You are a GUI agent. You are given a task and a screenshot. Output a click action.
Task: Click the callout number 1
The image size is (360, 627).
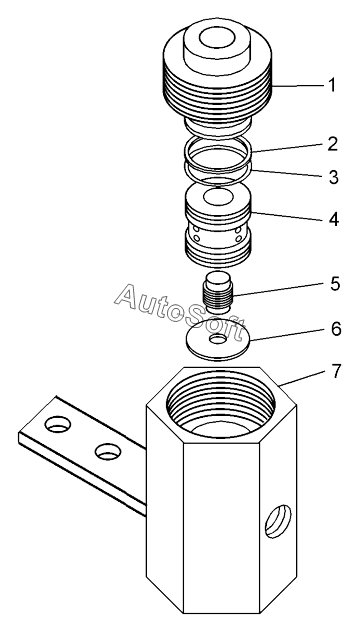(332, 85)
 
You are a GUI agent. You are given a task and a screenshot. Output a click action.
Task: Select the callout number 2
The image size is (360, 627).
(333, 144)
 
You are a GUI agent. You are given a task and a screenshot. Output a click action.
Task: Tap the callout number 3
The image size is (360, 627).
(334, 177)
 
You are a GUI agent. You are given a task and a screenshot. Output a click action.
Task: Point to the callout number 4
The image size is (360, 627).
(334, 219)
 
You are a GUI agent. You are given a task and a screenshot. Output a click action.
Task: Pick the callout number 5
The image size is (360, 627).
(335, 284)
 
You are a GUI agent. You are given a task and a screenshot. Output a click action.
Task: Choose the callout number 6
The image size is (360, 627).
(336, 329)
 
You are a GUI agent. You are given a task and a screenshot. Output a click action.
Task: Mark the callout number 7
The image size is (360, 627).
(336, 371)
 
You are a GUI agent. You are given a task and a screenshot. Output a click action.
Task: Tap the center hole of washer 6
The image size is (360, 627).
(218, 339)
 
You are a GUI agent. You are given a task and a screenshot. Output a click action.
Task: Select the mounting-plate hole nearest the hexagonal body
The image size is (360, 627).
(108, 451)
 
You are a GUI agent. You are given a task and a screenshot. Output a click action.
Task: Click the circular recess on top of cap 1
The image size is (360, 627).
(217, 39)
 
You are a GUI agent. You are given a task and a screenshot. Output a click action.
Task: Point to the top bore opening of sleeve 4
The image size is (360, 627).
(218, 197)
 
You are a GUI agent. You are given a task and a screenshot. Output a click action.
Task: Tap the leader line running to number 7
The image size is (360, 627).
(303, 378)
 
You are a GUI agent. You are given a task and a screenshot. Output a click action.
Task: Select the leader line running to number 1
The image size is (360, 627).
(298, 86)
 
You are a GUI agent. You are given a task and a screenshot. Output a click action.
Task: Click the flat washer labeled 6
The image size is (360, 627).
(218, 339)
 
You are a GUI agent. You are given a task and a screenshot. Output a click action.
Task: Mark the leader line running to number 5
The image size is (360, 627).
(278, 290)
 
